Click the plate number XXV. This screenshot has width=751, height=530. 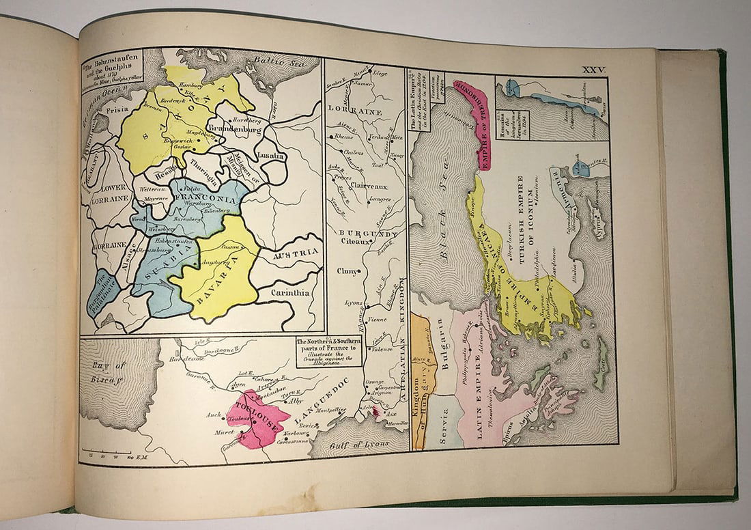coord(593,70)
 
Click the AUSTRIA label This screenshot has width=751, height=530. coord(296,255)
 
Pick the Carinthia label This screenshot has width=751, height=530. coord(289,292)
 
